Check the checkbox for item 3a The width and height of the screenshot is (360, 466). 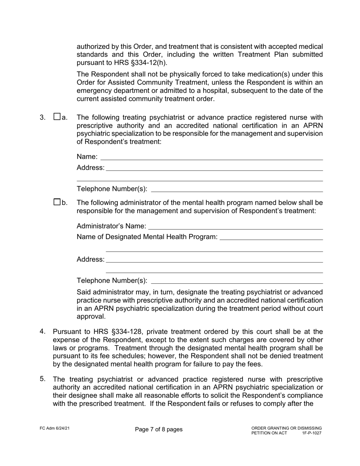[x=57, y=117]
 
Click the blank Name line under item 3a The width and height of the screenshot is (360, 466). [x=211, y=157]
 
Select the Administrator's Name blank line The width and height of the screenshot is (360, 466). [x=235, y=227]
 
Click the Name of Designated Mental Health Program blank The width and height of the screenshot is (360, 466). [x=271, y=237]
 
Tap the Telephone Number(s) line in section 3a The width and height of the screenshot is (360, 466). [x=237, y=189]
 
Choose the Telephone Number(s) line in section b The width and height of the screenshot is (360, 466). [x=237, y=281]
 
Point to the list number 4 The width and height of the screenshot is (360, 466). [x=43, y=332]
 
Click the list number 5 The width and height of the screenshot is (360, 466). [x=43, y=378]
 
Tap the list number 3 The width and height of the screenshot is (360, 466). [x=43, y=117]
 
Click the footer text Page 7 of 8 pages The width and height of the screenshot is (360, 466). [x=158, y=429]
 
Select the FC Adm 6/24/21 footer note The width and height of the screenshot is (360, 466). [x=55, y=428]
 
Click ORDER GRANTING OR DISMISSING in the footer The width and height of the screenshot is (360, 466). [x=286, y=428]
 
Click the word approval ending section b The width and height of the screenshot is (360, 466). [x=91, y=316]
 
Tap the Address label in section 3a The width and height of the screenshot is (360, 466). [x=90, y=167]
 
